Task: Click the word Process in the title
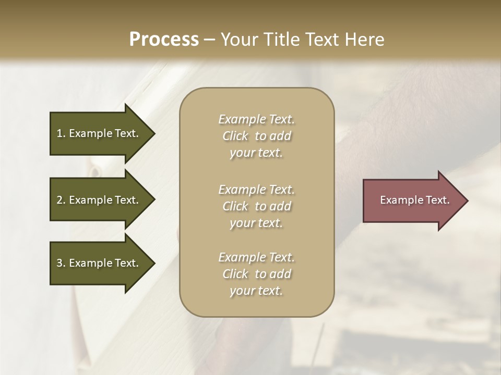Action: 164,40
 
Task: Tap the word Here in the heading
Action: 364,40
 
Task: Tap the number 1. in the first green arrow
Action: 61,133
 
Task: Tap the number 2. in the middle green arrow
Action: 61,200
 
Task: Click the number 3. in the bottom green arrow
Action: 61,263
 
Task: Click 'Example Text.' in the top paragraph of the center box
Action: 256,119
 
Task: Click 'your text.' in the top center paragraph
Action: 256,153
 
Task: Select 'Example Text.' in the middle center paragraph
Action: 256,190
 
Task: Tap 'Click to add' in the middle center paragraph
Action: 256,206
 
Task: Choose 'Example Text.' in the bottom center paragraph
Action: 256,257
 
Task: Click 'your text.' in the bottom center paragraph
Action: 256,291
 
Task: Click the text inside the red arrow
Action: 414,200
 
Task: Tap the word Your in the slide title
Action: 239,40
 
